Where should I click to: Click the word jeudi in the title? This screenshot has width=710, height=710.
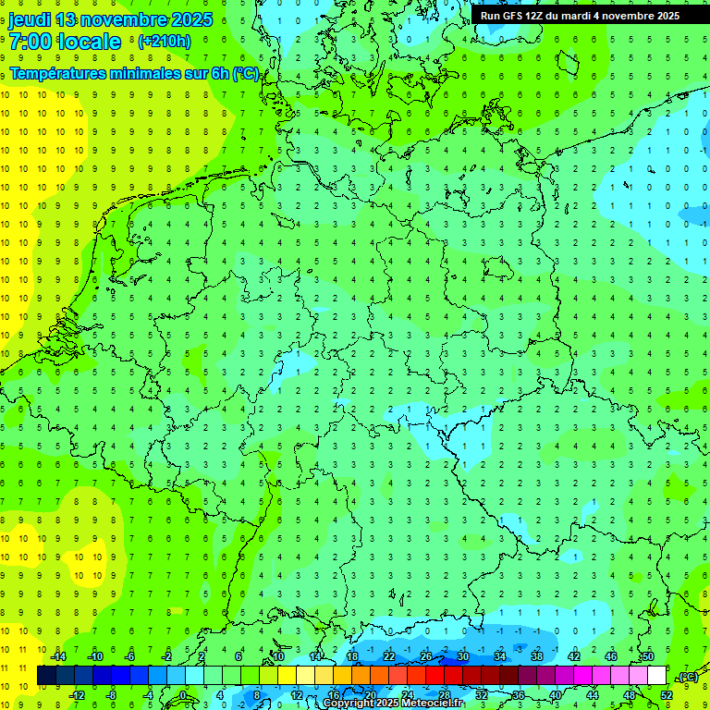tap(30, 19)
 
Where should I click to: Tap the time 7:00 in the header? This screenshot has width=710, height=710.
tap(30, 42)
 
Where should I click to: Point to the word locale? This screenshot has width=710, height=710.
tap(89, 42)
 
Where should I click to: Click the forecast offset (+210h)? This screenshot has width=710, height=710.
tap(165, 42)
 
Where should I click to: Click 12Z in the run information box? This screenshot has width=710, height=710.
tap(534, 16)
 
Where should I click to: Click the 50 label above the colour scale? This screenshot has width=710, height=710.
tap(648, 656)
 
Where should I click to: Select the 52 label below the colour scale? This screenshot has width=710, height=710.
tap(667, 694)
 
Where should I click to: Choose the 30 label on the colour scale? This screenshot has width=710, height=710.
tap(463, 656)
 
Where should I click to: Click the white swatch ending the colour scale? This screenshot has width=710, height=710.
tap(657, 676)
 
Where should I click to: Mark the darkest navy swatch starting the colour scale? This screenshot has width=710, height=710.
tap(46, 676)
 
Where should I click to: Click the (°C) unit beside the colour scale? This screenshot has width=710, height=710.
tap(688, 677)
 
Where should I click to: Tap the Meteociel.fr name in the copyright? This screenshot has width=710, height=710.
tap(432, 704)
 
